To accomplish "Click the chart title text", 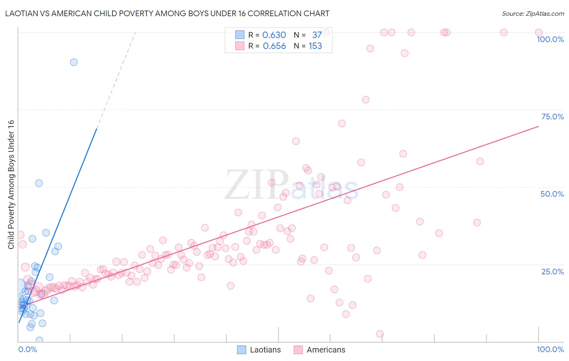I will (167, 13).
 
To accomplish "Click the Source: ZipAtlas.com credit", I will (533, 13).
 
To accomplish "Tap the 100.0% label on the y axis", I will (550, 39).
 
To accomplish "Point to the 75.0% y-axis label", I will (552, 117).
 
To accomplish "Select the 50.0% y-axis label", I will (552, 194).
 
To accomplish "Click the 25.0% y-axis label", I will (552, 271).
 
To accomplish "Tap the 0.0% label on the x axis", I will (28, 349).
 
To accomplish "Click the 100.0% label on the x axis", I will (550, 349).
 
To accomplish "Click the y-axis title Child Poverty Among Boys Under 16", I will (11, 185).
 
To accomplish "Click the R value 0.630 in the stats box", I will (274, 35).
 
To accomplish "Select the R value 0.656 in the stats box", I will (274, 46).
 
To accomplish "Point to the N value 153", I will (315, 46).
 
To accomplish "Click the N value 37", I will (317, 35).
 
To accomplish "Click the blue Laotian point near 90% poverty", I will (74, 62).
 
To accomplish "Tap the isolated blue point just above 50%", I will (39, 183).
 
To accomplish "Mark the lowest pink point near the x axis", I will (380, 334).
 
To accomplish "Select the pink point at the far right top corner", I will (539, 32).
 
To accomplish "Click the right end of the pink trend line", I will (538, 127).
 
